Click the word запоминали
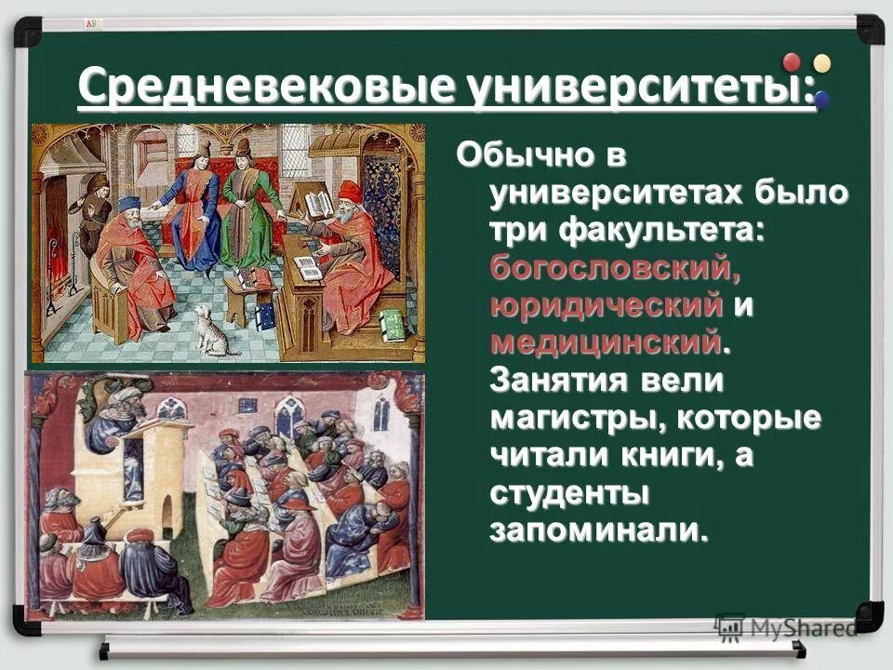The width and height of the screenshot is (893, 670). [593, 529]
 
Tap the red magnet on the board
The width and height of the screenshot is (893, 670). [792, 63]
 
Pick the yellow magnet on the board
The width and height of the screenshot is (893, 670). [821, 62]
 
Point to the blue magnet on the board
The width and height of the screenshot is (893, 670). [821, 99]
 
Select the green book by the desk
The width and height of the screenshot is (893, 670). [392, 324]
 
